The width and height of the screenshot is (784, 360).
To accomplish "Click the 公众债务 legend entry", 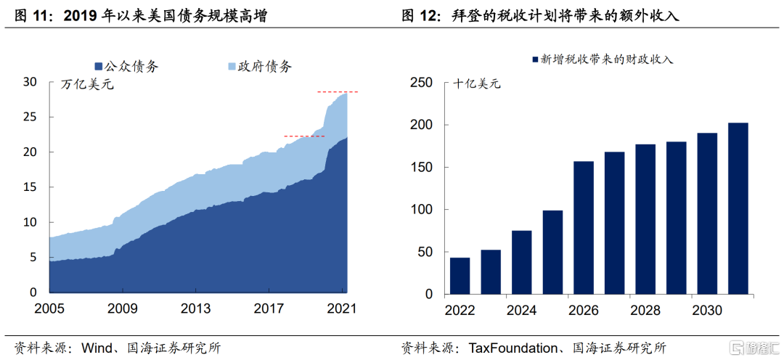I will coord(126,66).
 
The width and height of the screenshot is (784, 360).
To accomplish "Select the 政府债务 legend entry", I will coord(260,66).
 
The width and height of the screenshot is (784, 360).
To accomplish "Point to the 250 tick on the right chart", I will coord(422,83).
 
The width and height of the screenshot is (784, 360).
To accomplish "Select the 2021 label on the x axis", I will coord(340,308).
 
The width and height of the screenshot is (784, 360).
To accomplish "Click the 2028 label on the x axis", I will coord(645,310).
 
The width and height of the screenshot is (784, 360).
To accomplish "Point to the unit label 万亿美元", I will coord(87,85).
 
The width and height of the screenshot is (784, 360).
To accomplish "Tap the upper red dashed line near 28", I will coord(337,92).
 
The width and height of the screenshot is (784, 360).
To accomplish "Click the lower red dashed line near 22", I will coord(304,136).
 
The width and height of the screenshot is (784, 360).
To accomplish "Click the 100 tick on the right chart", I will coord(422,210).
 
